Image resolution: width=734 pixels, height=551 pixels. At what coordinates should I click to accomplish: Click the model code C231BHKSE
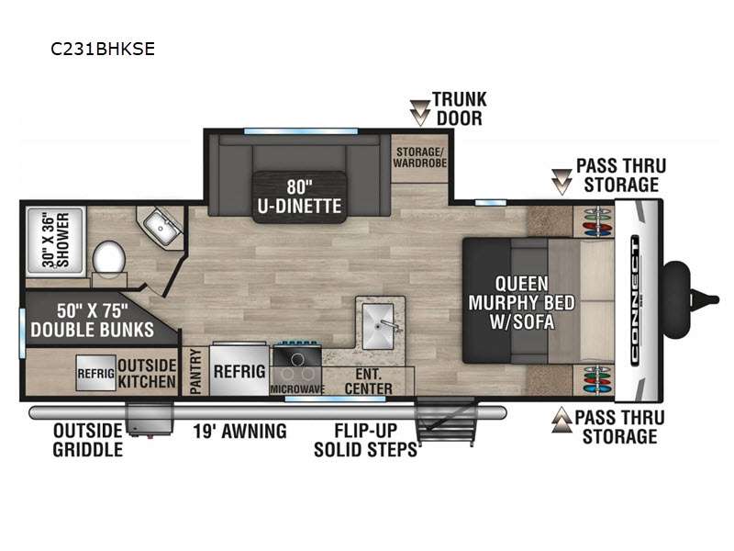coord(103,49)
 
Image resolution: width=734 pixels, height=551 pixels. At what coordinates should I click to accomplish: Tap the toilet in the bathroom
coord(109,263)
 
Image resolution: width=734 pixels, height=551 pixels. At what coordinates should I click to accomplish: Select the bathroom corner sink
coord(161,227)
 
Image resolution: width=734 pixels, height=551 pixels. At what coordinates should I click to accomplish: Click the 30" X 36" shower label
coord(56,241)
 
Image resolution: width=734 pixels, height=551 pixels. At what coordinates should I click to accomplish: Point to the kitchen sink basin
coord(378,326)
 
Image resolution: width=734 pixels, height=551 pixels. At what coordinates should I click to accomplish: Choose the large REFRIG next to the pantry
coord(239,370)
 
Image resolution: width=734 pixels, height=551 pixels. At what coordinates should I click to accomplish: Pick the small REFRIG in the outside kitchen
coord(96,373)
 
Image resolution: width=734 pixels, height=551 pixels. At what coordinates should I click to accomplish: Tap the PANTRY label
coord(195,372)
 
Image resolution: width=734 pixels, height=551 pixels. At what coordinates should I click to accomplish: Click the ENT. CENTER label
coord(369,381)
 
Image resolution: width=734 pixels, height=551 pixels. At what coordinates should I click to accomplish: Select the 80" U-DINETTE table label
coord(300,197)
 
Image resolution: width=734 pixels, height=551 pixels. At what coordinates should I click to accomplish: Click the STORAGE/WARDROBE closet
coord(420,158)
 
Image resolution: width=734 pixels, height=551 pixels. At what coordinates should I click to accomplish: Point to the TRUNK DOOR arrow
coord(420,113)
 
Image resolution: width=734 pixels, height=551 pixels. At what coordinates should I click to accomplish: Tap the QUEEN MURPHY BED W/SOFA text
coord(521,303)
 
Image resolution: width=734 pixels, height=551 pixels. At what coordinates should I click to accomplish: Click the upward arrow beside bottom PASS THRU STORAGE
coord(562,420)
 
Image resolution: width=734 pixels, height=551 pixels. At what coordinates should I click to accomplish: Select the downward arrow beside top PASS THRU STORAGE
coord(562,182)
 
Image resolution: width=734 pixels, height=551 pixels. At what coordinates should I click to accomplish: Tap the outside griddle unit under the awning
coord(150,419)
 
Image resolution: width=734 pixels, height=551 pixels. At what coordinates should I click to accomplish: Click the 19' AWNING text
coord(240,431)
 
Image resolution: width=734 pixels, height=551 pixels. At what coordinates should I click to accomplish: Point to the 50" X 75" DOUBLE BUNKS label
coord(93,320)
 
